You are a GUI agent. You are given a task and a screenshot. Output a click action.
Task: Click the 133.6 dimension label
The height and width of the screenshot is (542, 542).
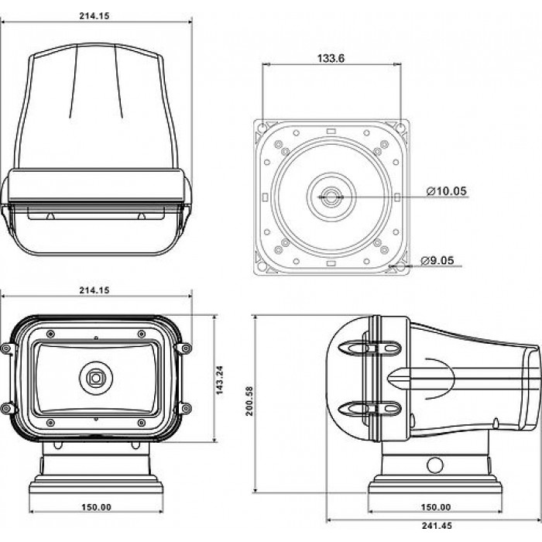coord(332,56)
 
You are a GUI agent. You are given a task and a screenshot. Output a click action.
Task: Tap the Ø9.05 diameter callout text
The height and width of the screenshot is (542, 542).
coord(437,260)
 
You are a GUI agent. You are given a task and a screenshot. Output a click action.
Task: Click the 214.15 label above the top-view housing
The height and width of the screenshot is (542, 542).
coord(96,13)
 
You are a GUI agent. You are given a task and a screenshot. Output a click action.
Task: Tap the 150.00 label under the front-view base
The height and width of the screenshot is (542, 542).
coord(96,507)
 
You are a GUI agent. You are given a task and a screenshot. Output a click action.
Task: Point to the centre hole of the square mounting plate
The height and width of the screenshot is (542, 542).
coord(331,197)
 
